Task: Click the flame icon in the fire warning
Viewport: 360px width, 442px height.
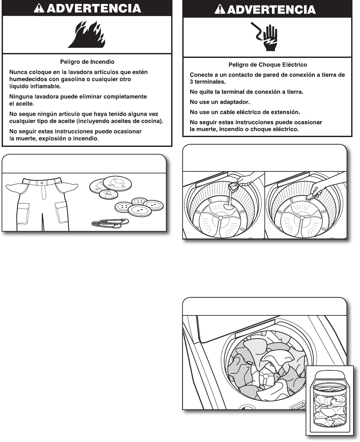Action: click(87, 35)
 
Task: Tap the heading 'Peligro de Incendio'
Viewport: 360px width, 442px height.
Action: click(87, 62)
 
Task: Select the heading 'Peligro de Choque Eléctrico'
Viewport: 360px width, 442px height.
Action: click(267, 65)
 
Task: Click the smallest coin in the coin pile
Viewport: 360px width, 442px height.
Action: click(109, 195)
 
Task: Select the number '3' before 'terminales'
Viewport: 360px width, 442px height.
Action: click(191, 82)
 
